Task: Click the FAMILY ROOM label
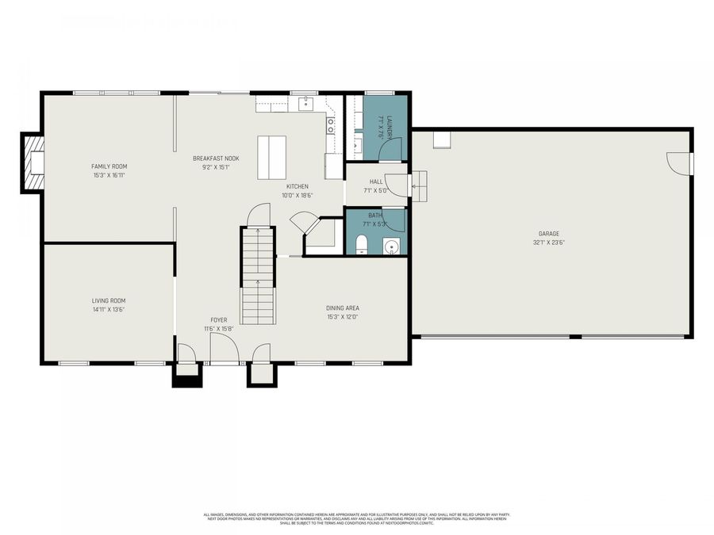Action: point(108,166)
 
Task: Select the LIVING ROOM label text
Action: point(108,300)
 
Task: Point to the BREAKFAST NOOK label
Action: point(216,159)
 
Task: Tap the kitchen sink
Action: point(306,103)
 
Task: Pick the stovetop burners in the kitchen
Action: point(331,124)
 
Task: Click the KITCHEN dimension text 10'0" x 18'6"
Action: point(297,195)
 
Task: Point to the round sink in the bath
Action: point(390,246)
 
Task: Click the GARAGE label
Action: point(549,234)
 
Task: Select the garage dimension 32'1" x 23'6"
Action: point(549,243)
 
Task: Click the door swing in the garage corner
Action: point(678,163)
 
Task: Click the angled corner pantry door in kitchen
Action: point(303,221)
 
